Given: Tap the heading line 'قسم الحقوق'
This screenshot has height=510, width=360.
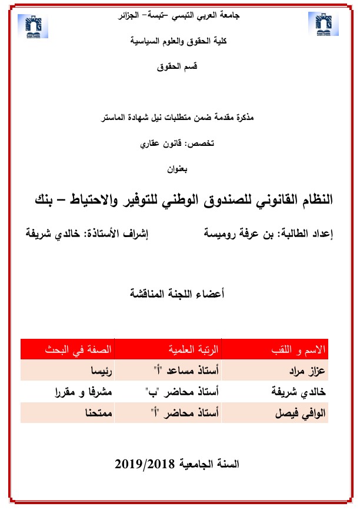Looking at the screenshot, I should (179, 68).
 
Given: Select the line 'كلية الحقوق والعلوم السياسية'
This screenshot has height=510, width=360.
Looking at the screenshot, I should (180, 42).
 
